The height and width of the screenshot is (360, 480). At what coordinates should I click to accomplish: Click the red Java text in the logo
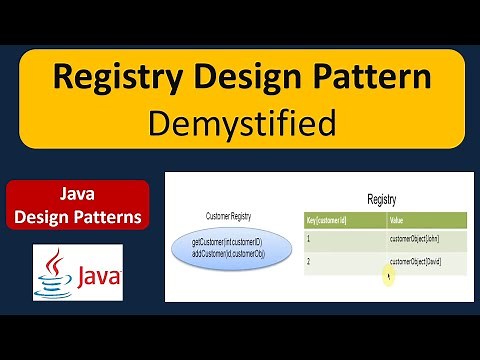(96, 273)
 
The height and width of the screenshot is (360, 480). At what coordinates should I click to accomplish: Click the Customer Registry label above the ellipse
(229, 215)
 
